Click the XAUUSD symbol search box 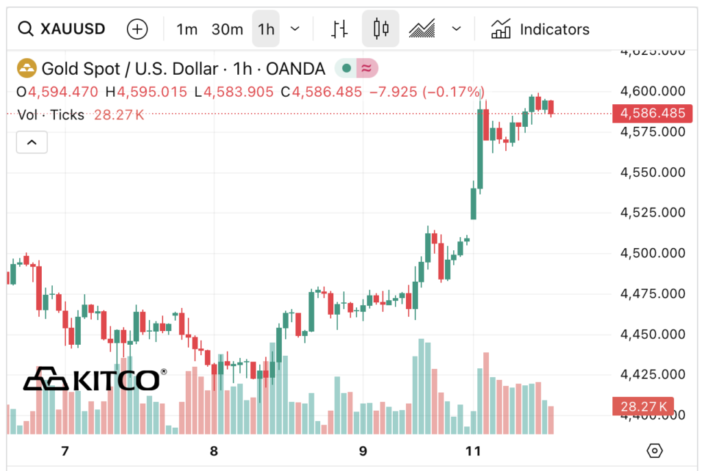pyautogui.click(x=62, y=29)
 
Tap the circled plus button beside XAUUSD pyautogui.click(x=138, y=29)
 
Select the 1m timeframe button pyautogui.click(x=186, y=29)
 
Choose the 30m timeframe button pyautogui.click(x=227, y=29)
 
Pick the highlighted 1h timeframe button pyautogui.click(x=266, y=29)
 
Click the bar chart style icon pyautogui.click(x=339, y=29)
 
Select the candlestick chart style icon pyautogui.click(x=380, y=29)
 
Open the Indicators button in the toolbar pyautogui.click(x=540, y=29)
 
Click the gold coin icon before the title pyautogui.click(x=26, y=69)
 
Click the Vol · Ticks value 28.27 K pyautogui.click(x=119, y=114)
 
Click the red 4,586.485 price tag pyautogui.click(x=652, y=113)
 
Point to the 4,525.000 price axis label pyautogui.click(x=653, y=213)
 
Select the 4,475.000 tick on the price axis pyautogui.click(x=653, y=293)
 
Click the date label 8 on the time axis pyautogui.click(x=214, y=451)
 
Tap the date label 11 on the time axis pyautogui.click(x=472, y=451)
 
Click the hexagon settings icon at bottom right pyautogui.click(x=655, y=450)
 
